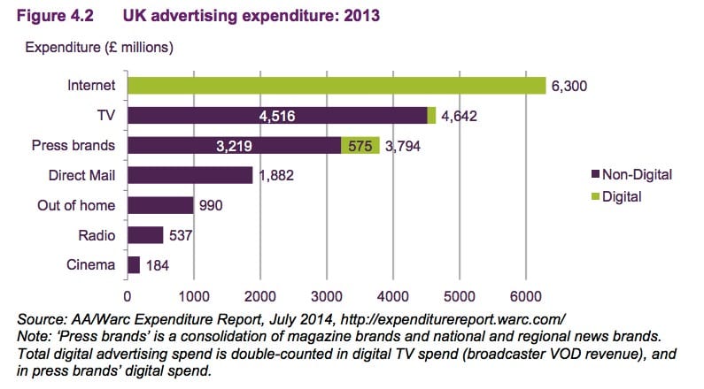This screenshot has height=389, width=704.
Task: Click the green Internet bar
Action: pyautogui.click(x=337, y=86)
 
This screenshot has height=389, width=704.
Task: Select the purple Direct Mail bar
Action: pyautogui.click(x=190, y=175)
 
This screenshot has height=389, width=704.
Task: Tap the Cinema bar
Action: pyautogui.click(x=134, y=264)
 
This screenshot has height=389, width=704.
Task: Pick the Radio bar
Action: pyautogui.click(x=145, y=235)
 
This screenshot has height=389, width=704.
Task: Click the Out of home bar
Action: pyautogui.click(x=160, y=205)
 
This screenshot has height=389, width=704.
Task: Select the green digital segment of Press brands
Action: pyautogui.click(x=360, y=145)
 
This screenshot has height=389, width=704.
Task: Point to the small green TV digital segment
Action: pyautogui.click(x=432, y=115)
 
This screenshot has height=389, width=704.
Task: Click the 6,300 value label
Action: pyautogui.click(x=569, y=86)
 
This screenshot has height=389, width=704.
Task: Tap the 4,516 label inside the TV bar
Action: pyautogui.click(x=276, y=115)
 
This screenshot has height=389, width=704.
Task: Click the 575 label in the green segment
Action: pyautogui.click(x=360, y=145)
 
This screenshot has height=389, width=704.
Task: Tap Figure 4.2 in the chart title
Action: pyautogui.click(x=53, y=15)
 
